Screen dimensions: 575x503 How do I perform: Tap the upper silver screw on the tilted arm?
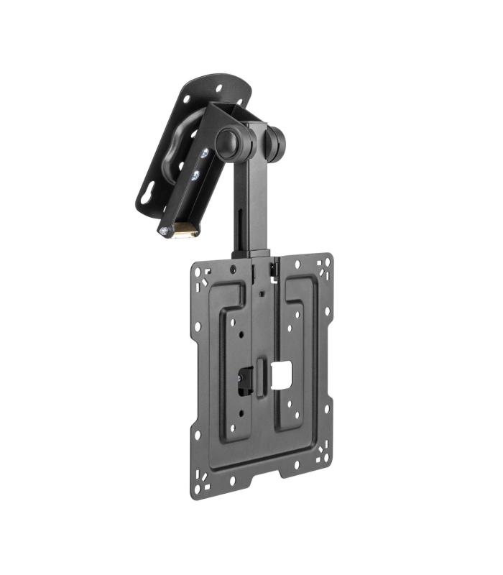pyautogui.click(x=206, y=154)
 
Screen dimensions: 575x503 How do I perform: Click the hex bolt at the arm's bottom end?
pyautogui.click(x=165, y=231)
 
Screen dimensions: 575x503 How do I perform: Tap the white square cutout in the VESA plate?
pyautogui.click(x=282, y=371)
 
